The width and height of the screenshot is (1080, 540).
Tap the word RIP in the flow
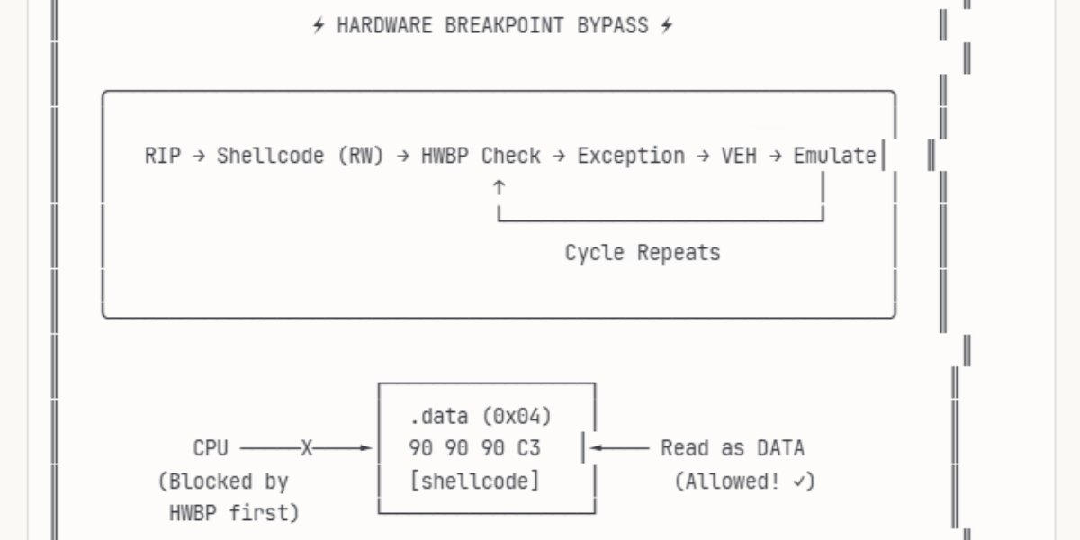coord(162,156)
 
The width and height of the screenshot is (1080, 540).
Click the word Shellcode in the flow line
coord(270,156)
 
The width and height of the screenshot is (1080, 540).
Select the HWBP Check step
coord(481,156)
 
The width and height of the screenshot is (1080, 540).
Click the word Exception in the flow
coord(630,156)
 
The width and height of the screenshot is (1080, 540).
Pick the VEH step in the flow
coord(739,156)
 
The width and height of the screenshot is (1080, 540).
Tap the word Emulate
coord(834,156)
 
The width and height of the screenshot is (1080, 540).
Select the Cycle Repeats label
coord(643,253)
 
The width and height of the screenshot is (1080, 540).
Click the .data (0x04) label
coord(480,416)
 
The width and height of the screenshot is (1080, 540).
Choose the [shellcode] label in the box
coord(474,481)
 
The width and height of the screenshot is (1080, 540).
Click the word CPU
coord(211,447)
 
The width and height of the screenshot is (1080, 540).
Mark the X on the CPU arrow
coord(307,447)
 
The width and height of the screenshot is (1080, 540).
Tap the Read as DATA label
coord(733,447)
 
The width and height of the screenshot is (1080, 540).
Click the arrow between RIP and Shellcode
coord(199,156)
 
